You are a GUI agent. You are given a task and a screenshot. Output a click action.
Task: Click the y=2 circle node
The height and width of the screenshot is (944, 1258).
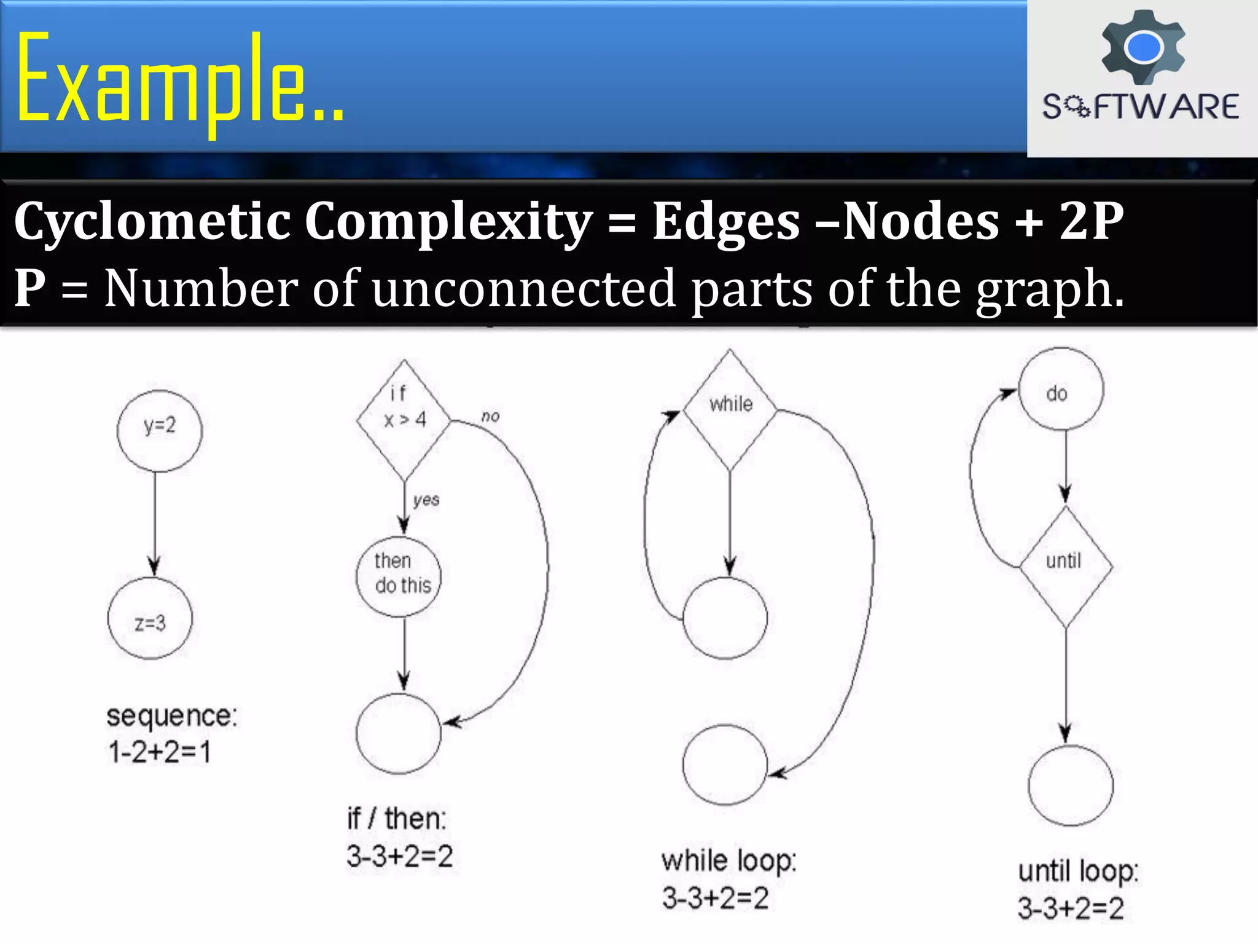(159, 430)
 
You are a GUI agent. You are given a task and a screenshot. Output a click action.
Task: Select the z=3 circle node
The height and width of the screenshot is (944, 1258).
(150, 618)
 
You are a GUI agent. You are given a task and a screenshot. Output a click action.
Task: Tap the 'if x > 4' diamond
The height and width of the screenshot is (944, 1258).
(404, 420)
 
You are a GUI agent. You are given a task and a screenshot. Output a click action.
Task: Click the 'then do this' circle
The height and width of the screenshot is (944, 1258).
(399, 576)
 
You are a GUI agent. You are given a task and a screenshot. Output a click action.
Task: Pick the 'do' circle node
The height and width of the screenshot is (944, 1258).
(1061, 389)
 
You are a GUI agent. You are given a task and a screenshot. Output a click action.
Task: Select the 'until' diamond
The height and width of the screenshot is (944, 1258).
(1066, 566)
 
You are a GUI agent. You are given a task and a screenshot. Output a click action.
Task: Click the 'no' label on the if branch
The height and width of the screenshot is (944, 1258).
(490, 417)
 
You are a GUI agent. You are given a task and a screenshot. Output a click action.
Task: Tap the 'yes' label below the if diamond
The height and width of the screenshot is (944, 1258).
(426, 500)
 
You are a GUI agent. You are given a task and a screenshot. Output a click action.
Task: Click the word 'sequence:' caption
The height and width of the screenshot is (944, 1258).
(171, 717)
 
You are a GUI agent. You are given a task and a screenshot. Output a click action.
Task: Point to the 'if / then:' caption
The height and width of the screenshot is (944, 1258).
(397, 819)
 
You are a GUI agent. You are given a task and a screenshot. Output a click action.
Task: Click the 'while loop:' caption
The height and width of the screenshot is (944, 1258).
(729, 861)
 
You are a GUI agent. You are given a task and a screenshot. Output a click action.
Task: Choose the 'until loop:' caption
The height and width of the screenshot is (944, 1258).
(1078, 871)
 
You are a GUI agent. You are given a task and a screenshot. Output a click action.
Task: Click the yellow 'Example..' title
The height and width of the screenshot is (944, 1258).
(179, 80)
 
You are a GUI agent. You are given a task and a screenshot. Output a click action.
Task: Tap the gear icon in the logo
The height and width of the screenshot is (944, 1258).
(1143, 47)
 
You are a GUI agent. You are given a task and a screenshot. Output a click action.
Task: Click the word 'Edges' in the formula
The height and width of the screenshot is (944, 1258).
(726, 221)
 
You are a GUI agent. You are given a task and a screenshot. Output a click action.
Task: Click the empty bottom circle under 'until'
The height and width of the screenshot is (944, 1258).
(1071, 785)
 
